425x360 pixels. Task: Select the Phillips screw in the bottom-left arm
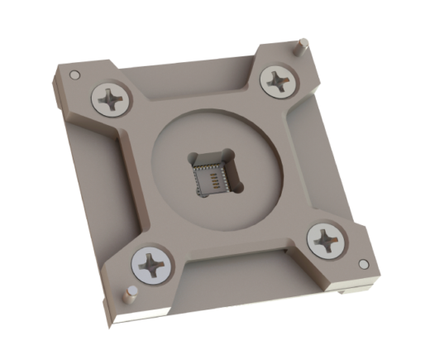[x=152, y=266]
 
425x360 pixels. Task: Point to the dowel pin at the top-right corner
[x=304, y=45]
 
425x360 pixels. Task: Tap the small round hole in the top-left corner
[x=75, y=75]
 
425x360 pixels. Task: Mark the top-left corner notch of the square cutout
[x=192, y=156]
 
